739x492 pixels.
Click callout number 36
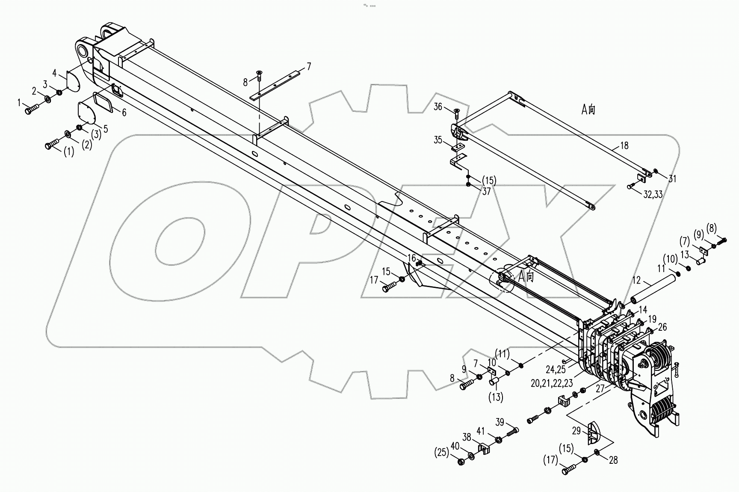(437, 107)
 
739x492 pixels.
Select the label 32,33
(653, 194)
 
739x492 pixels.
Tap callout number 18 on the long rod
(624, 146)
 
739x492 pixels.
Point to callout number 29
(576, 431)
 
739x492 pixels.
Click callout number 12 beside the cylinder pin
(637, 281)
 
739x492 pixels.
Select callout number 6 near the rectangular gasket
(124, 113)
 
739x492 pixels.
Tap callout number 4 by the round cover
(55, 72)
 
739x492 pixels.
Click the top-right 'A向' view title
(588, 110)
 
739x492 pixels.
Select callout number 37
(487, 192)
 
